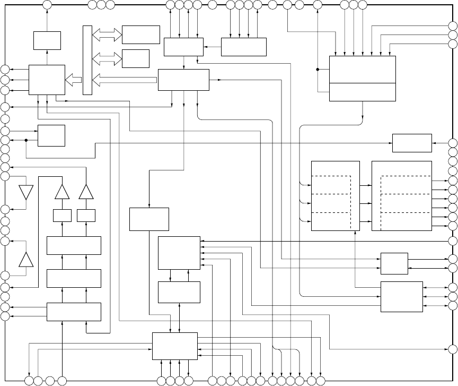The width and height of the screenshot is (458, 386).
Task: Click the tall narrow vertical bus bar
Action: pyautogui.click(x=87, y=60)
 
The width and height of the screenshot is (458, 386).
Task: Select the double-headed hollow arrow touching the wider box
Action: pyautogui.click(x=107, y=35)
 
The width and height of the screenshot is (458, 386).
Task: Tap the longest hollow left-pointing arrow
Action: pyautogui.click(x=125, y=80)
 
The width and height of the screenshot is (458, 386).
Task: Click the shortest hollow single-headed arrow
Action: pyautogui.click(x=73, y=80)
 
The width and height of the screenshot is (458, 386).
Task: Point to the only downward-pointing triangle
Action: pyautogui.click(x=26, y=192)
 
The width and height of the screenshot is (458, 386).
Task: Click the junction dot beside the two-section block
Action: pyautogui.click(x=318, y=70)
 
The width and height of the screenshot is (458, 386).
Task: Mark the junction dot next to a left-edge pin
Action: pyautogui.click(x=25, y=140)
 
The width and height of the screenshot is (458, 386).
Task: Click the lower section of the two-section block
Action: pyautogui.click(x=363, y=92)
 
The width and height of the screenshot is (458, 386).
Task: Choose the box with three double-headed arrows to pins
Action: pyautogui.click(x=401, y=297)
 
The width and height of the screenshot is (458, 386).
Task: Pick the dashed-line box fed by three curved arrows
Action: pyautogui.click(x=335, y=196)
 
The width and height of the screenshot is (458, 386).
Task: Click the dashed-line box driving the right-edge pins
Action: pyautogui.click(x=401, y=196)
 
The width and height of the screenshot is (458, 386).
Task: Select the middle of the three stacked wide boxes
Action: pyautogui.click(x=74, y=278)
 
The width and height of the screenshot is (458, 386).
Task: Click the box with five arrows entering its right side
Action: pyautogui.click(x=179, y=253)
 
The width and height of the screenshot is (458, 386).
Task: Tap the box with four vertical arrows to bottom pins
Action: pyautogui.click(x=174, y=346)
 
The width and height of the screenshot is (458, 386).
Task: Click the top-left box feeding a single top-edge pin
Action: pyautogui.click(x=47, y=40)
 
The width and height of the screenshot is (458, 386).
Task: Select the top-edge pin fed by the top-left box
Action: pyautogui.click(x=47, y=5)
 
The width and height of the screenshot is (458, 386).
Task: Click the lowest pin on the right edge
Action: pyautogui.click(x=453, y=349)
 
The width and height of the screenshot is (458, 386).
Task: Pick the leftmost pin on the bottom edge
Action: pyautogui.click(x=30, y=381)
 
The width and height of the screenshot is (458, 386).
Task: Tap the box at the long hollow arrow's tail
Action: pyautogui.click(x=183, y=80)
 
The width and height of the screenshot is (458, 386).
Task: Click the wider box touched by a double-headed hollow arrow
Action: pyautogui.click(x=140, y=35)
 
